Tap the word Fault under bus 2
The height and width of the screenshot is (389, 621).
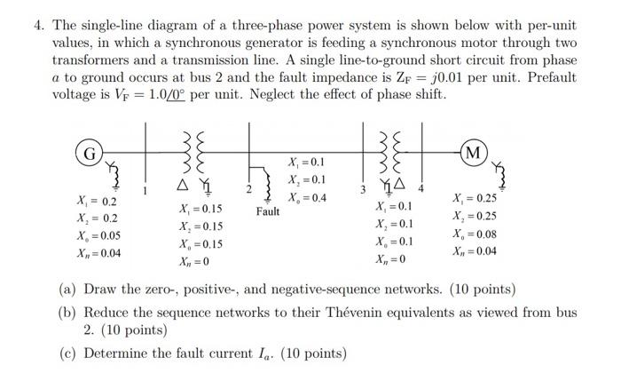[x=267, y=211]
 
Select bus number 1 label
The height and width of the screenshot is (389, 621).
[x=145, y=189]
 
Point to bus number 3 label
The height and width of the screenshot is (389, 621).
[x=361, y=189]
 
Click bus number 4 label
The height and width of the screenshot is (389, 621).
[x=421, y=189]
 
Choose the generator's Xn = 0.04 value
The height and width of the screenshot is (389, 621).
[x=98, y=253]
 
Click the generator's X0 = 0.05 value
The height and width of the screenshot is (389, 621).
[x=98, y=235]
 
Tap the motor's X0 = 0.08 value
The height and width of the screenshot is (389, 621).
[x=475, y=234]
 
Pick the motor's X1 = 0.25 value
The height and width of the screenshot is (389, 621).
[x=475, y=198]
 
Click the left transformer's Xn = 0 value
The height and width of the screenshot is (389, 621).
[x=194, y=262]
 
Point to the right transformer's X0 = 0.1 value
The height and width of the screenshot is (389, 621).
[x=394, y=241]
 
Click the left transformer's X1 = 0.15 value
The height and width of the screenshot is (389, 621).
[x=200, y=209]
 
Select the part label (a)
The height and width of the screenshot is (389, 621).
[x=67, y=290]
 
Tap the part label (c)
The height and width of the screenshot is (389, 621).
[x=67, y=353]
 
